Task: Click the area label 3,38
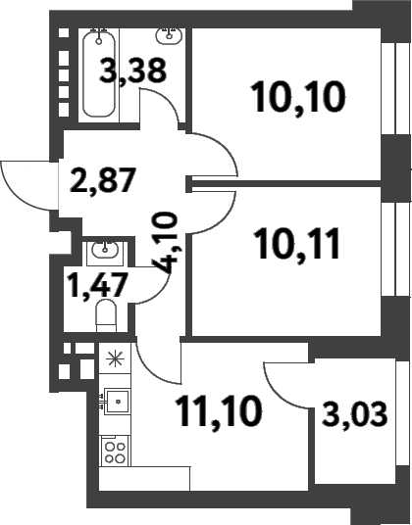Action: click(x=132, y=71)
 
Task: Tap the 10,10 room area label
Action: click(x=297, y=98)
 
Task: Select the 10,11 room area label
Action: click(x=297, y=244)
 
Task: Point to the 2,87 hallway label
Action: click(x=103, y=180)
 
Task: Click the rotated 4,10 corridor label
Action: click(x=165, y=242)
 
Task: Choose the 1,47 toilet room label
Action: click(x=97, y=285)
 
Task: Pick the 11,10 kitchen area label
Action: click(x=218, y=410)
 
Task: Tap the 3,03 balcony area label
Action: click(x=355, y=414)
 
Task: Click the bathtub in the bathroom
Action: click(x=99, y=72)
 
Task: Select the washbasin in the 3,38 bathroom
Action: click(x=170, y=36)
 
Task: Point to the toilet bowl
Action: click(x=106, y=315)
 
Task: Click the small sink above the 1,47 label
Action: click(x=105, y=250)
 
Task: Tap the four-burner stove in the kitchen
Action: click(x=115, y=452)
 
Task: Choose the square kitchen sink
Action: click(x=117, y=402)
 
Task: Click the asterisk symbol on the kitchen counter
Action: click(x=115, y=358)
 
